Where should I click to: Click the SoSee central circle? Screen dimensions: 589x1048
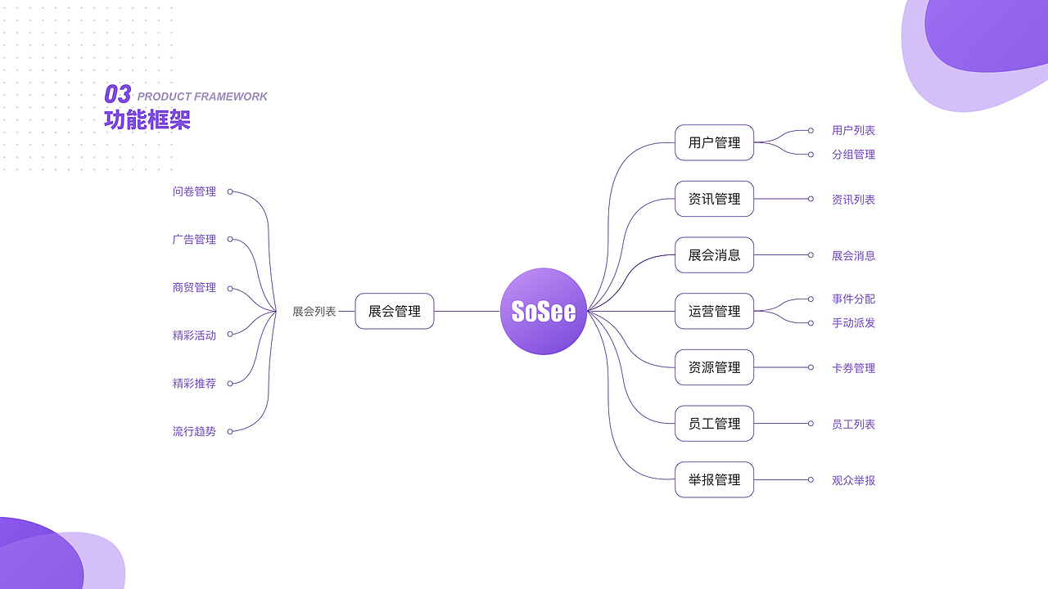point(544,312)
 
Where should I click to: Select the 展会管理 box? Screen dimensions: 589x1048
point(395,312)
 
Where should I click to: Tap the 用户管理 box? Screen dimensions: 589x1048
point(714,143)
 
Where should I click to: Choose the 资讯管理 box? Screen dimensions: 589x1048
point(714,199)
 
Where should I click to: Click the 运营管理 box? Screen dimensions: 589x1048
point(714,312)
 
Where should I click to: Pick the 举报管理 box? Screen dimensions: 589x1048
point(714,479)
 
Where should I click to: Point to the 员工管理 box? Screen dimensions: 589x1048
point(714,424)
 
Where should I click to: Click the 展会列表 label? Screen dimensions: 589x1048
point(314,312)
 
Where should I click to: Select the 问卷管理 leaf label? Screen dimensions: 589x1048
point(194,191)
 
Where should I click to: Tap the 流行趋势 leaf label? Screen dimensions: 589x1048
point(194,431)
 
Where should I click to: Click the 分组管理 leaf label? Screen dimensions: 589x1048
point(853,155)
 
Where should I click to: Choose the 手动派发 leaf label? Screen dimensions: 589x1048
point(853,323)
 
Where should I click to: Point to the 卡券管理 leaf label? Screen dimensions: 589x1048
point(853,368)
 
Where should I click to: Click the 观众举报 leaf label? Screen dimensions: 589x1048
point(853,480)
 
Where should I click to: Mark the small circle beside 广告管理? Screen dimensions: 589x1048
point(230,240)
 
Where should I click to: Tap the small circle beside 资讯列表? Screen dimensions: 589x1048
point(811,199)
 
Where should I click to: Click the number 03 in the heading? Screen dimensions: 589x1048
point(118,95)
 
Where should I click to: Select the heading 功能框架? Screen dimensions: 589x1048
point(147,120)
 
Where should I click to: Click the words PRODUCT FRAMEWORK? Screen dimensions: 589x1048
point(202,97)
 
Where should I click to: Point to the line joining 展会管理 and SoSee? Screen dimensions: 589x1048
point(467,312)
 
